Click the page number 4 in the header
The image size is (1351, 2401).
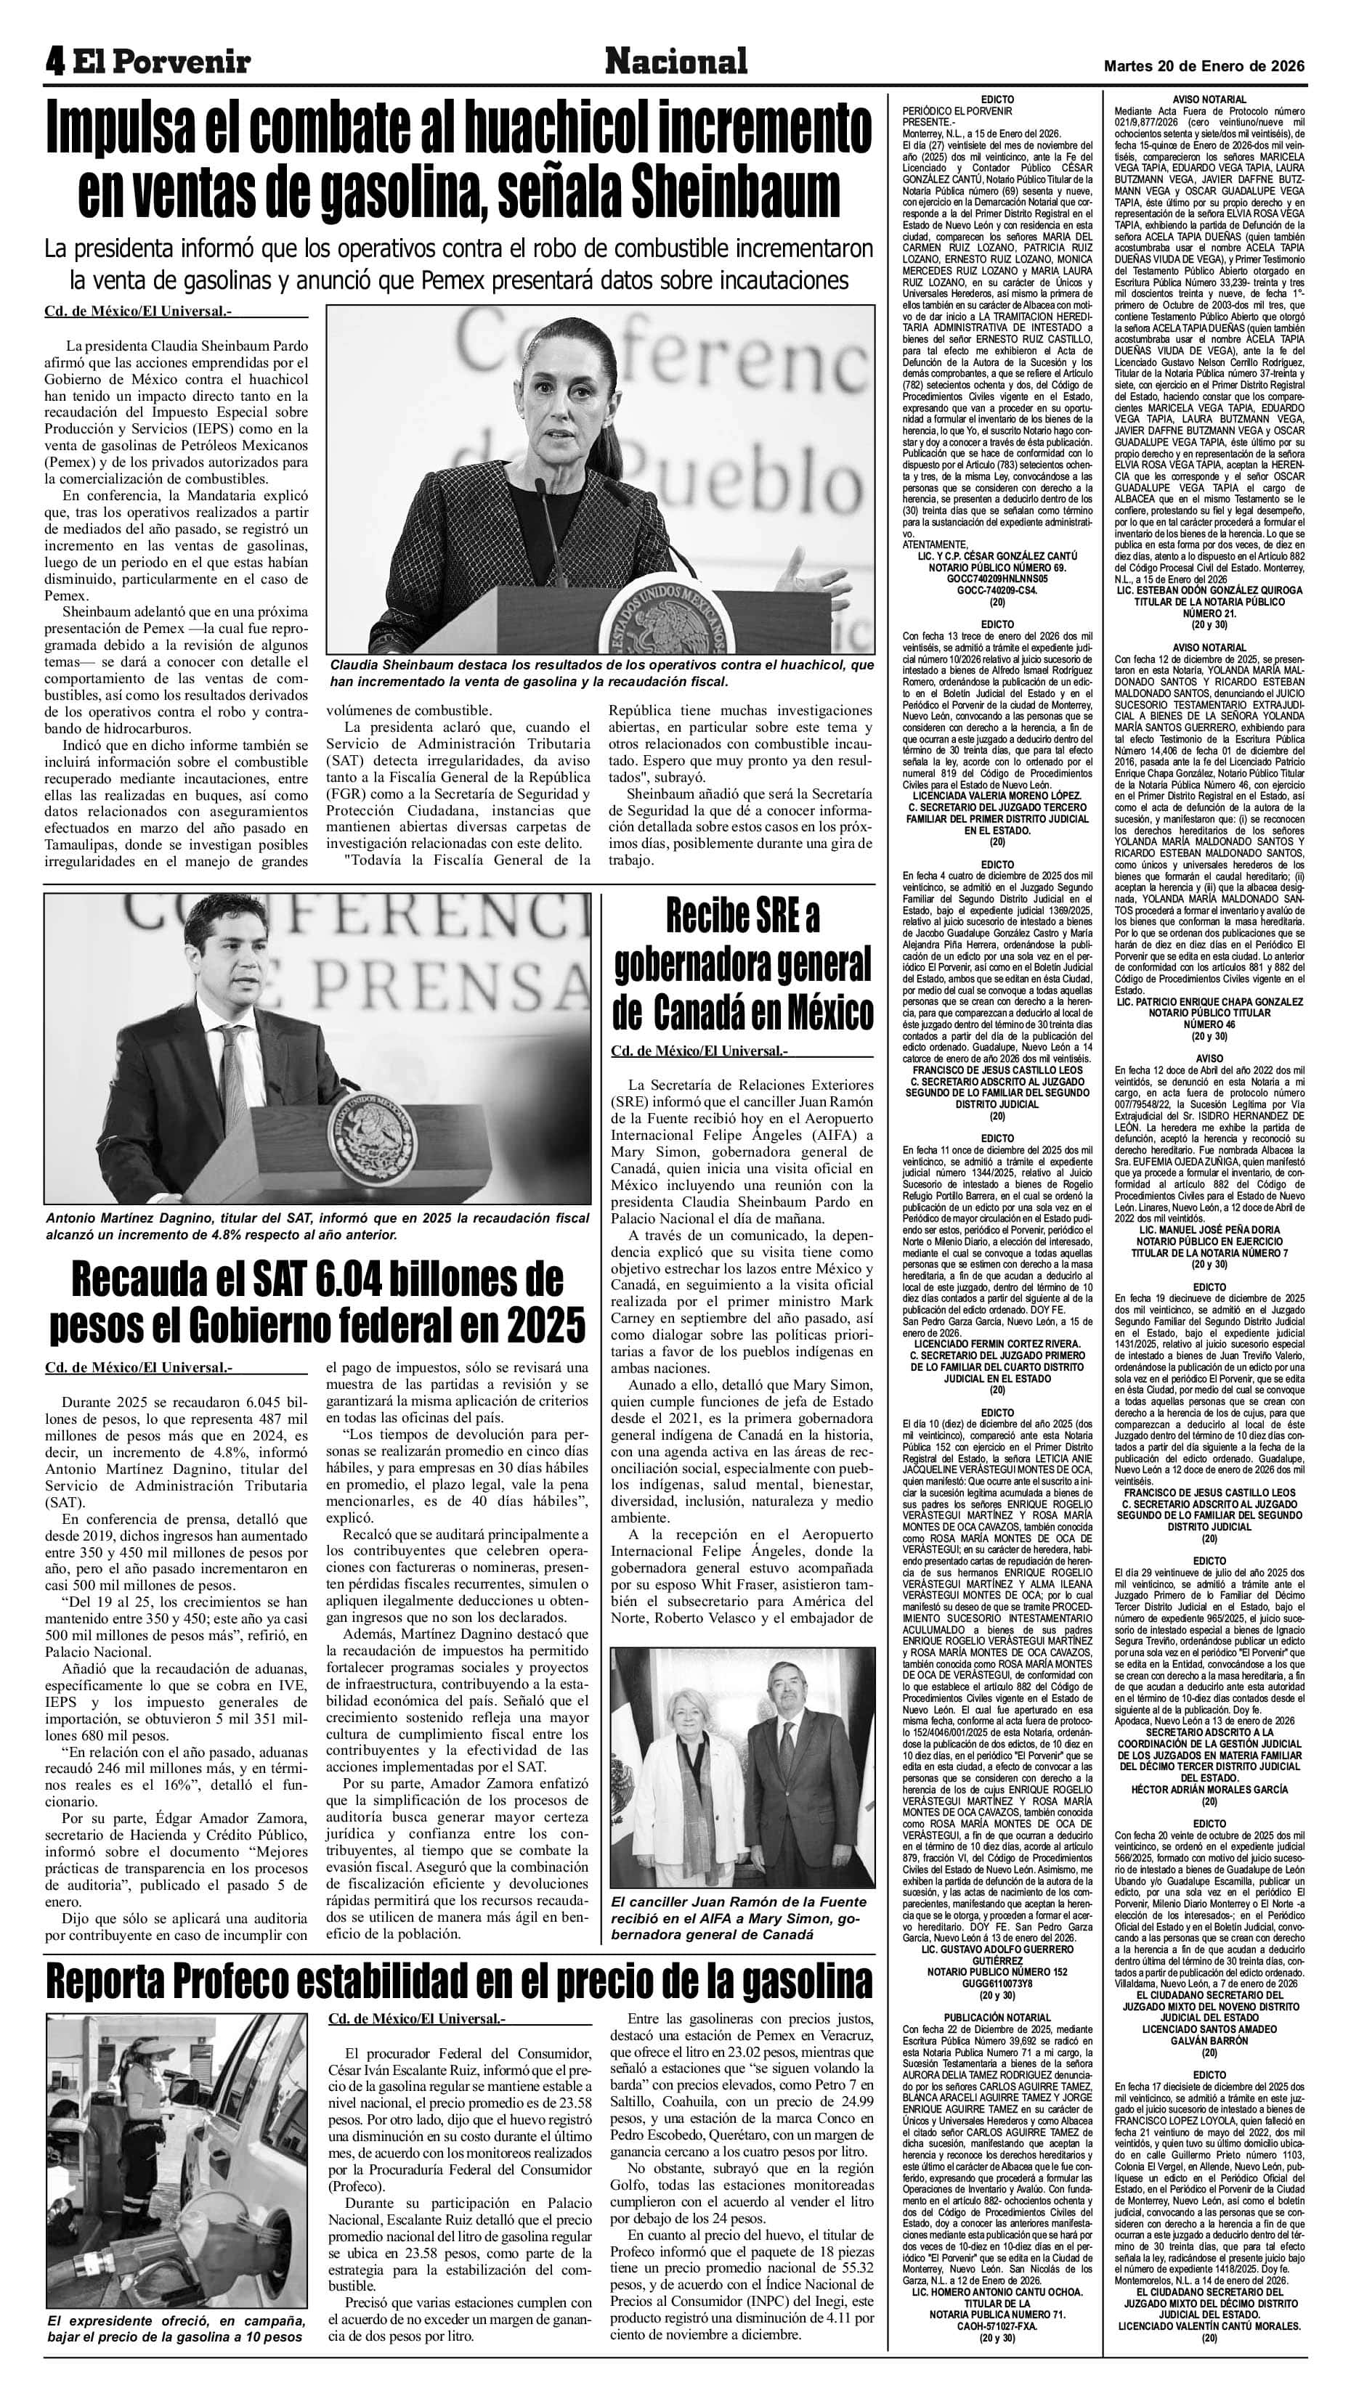point(55,62)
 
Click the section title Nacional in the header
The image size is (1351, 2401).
point(676,62)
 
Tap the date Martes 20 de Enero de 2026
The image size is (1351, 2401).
point(1204,66)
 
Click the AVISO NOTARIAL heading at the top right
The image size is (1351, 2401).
point(1209,99)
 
